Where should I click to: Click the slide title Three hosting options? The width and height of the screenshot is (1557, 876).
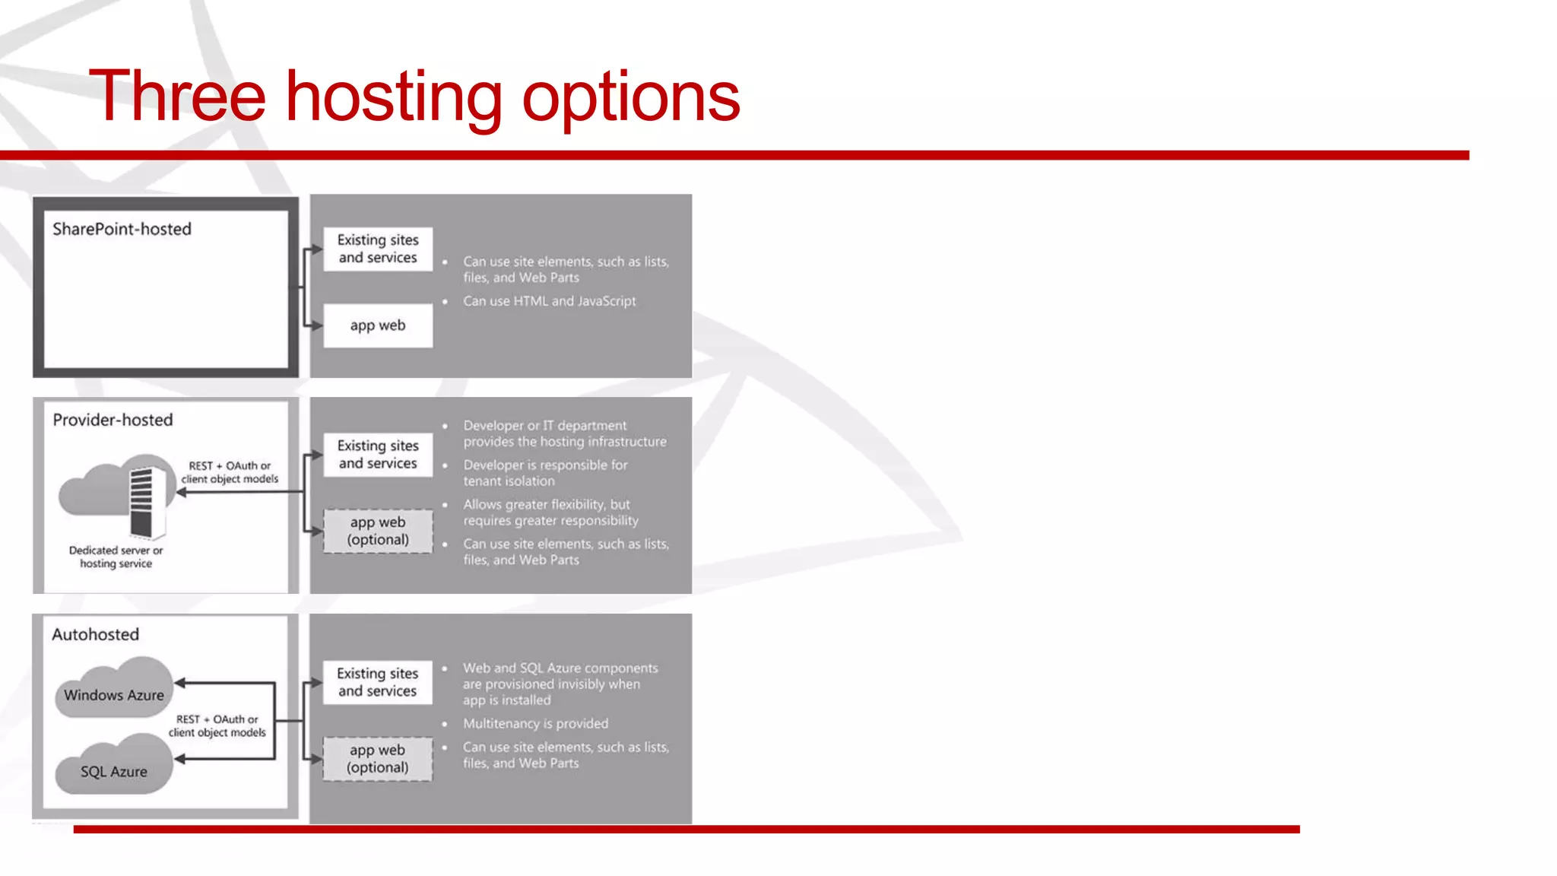(414, 97)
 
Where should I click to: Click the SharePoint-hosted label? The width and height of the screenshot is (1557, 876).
(122, 229)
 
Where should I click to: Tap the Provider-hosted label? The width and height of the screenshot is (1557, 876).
(113, 420)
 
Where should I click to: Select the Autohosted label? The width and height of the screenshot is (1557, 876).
(96, 634)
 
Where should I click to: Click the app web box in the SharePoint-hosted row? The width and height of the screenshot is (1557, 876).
(378, 325)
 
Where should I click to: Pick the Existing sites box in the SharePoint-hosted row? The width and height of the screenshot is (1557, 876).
(378, 249)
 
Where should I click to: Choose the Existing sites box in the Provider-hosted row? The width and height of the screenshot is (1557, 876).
(378, 455)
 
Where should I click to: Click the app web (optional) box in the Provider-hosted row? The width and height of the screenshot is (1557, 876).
(378, 531)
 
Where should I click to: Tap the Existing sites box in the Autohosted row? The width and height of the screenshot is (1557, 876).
(378, 682)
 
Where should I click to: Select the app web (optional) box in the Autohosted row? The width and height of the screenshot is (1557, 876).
(378, 759)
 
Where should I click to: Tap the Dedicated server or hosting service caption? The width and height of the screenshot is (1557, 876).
(116, 557)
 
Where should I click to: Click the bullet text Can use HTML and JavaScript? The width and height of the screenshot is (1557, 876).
(549, 301)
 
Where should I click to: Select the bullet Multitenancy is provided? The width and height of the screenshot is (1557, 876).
(535, 723)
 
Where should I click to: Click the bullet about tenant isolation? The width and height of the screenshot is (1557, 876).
(545, 473)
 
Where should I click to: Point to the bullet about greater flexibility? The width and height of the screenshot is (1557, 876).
(550, 513)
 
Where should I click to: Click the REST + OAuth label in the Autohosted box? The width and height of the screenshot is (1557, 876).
(217, 725)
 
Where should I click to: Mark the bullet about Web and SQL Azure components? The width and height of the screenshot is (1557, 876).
(560, 684)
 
